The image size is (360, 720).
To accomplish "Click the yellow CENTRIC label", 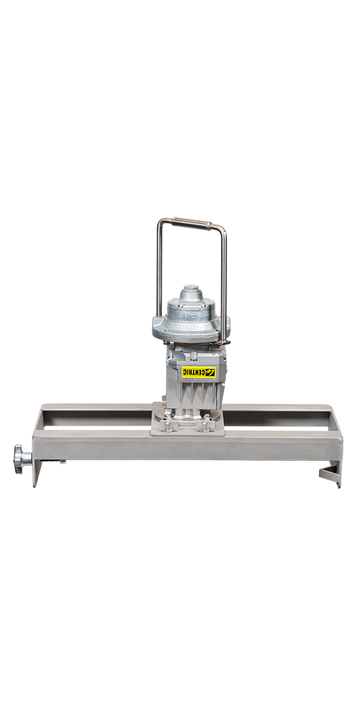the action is pyautogui.click(x=199, y=372).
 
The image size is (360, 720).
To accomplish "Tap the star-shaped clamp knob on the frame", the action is pyautogui.click(x=21, y=456).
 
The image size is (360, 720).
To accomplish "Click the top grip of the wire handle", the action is pyautogui.click(x=192, y=222).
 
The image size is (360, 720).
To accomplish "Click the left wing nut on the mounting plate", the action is pyautogui.click(x=167, y=423).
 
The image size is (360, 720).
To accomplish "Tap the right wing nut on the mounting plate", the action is pyautogui.click(x=206, y=423).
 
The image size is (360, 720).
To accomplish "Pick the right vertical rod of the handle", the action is pyautogui.click(x=224, y=284).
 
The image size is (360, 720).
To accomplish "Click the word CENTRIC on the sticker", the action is pyautogui.click(x=193, y=372).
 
